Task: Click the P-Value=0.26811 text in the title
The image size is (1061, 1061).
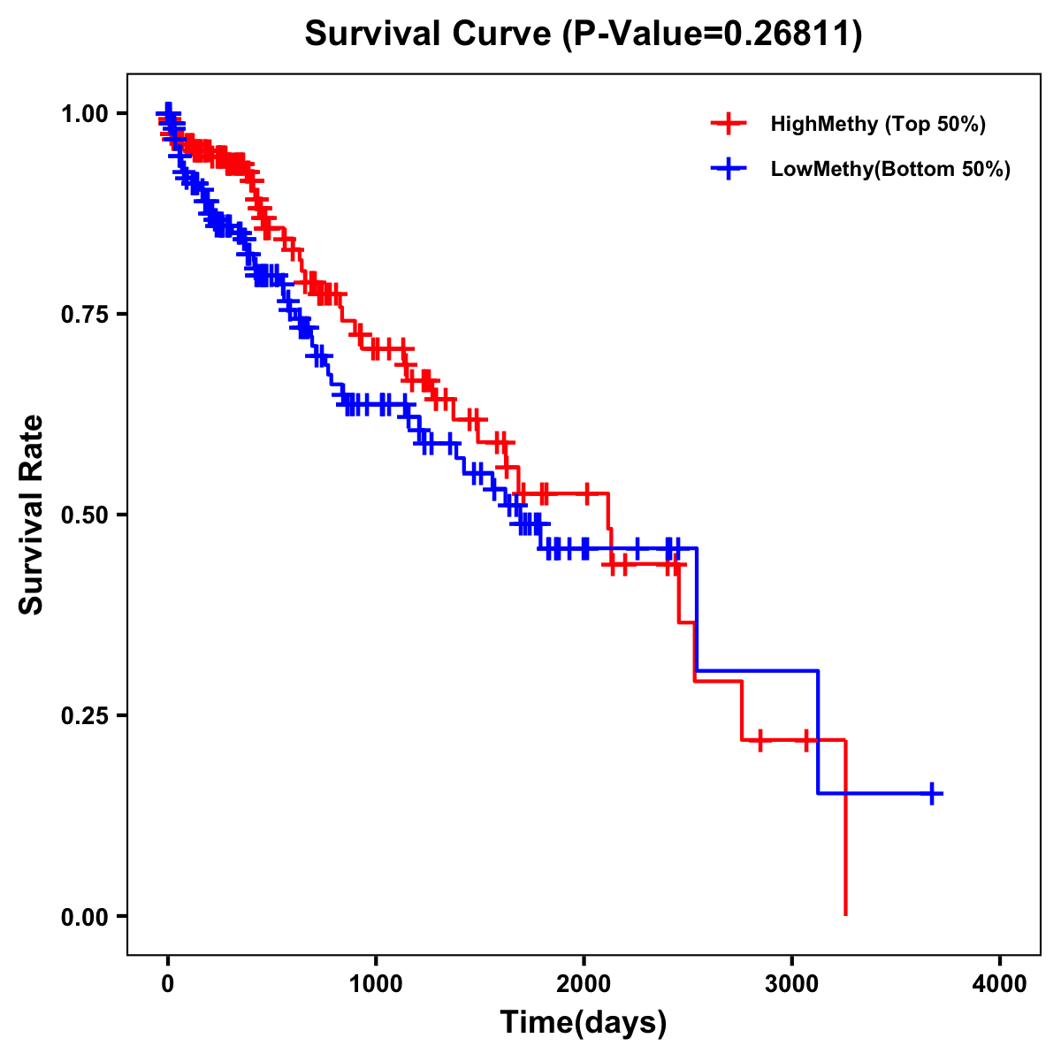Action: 713,34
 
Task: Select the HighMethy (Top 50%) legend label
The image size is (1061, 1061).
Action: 877,124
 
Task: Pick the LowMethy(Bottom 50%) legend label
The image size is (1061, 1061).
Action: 889,170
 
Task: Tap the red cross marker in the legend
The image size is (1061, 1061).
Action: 729,124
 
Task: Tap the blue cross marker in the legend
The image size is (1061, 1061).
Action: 729,170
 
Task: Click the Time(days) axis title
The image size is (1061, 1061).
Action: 584,1023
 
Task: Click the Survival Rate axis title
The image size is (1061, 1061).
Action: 33,515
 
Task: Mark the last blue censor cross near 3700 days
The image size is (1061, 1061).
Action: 931,793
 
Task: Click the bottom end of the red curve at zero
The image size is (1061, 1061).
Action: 845,913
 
